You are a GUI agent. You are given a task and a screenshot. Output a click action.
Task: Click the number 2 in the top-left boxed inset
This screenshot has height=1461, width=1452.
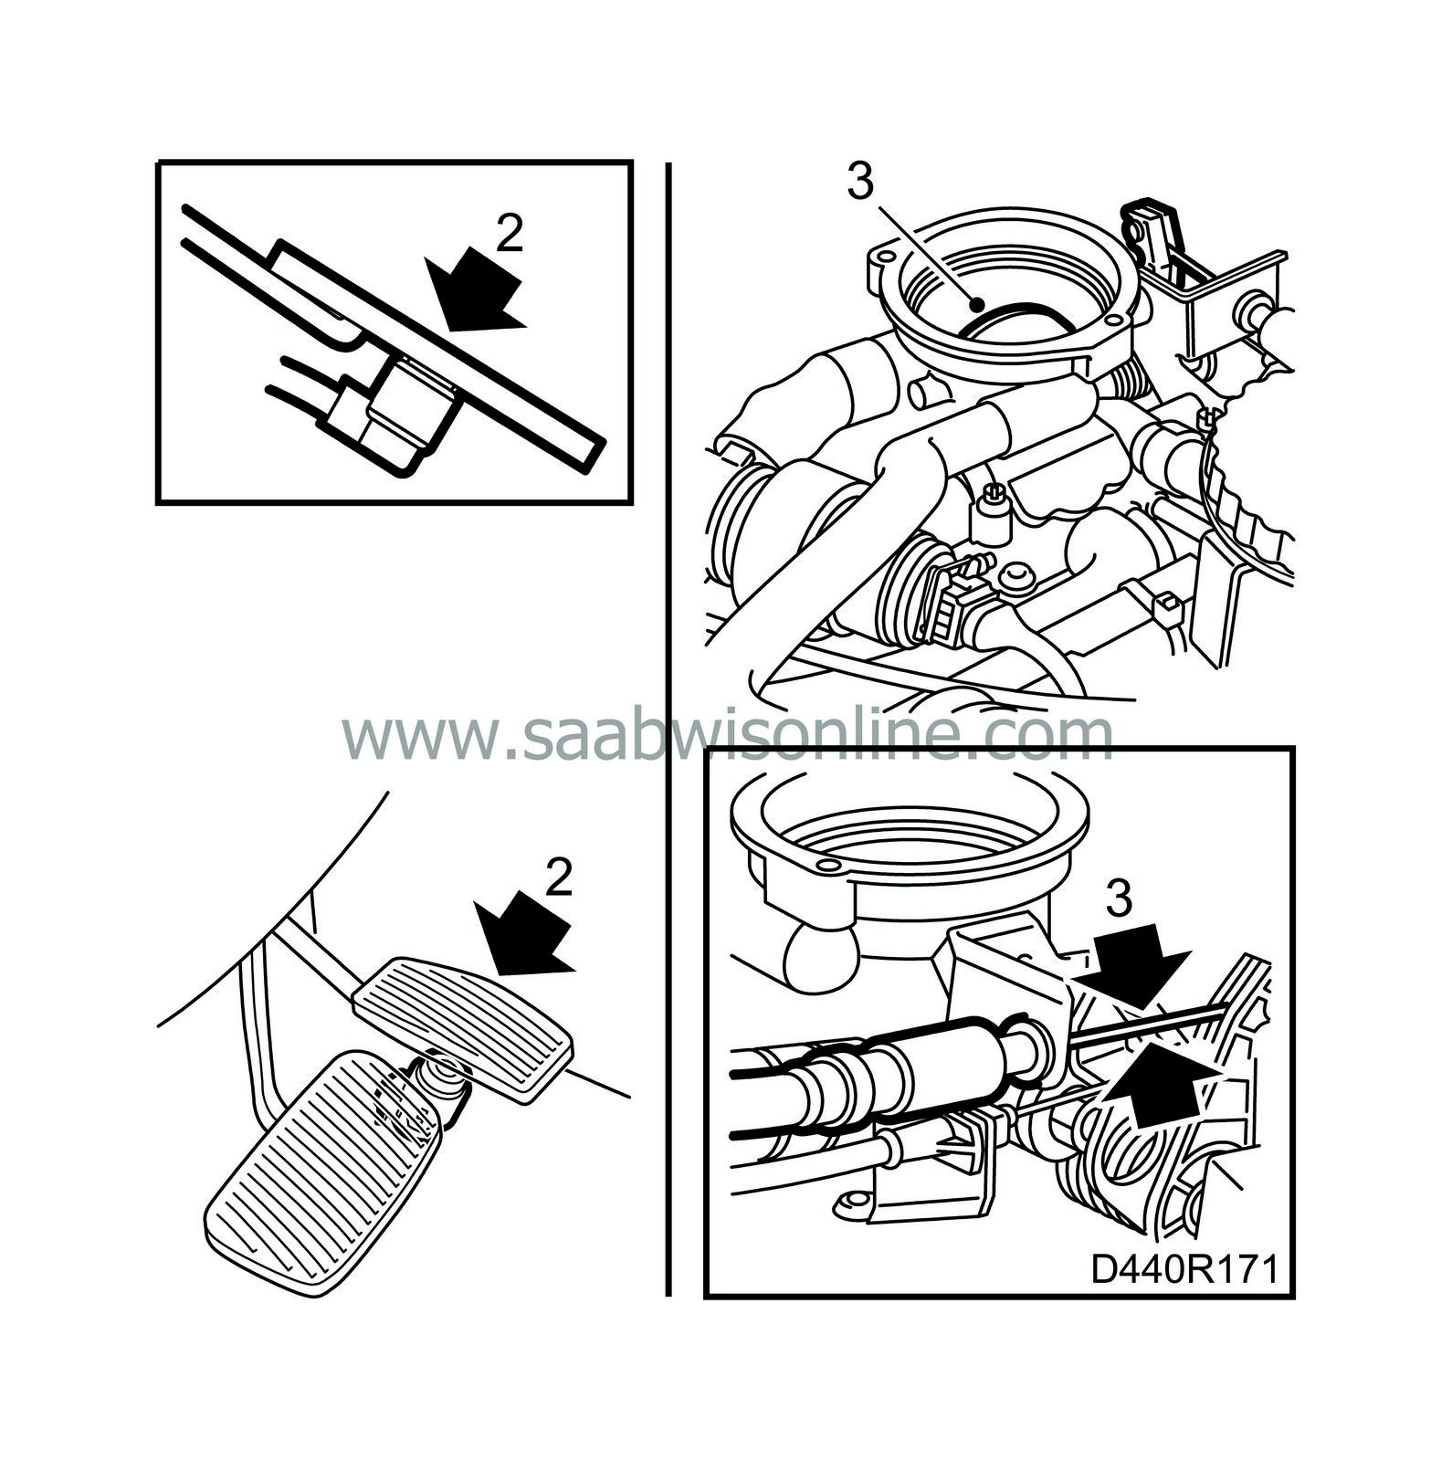pyautogui.click(x=509, y=235)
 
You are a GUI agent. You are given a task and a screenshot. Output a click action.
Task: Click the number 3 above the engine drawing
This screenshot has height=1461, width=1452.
pyautogui.click(x=859, y=183)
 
